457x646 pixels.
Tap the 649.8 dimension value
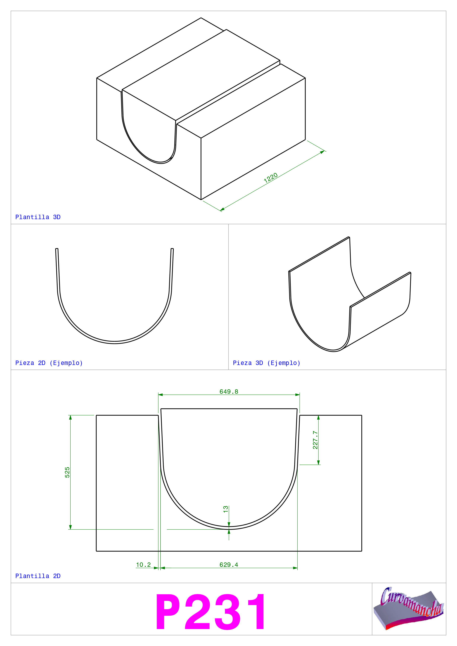point(229,392)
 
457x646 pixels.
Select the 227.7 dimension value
point(315,440)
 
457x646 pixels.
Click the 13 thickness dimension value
point(226,509)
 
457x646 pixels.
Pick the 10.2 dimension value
point(143,565)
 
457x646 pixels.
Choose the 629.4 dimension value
point(229,565)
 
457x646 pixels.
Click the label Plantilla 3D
point(38,217)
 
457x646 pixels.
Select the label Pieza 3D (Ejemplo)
point(266,363)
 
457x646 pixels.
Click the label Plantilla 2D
point(38,576)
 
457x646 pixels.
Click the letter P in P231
point(168,612)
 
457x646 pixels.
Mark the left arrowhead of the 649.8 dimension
point(161,395)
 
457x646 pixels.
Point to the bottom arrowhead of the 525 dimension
point(70,527)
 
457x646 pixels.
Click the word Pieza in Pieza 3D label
point(242,363)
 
